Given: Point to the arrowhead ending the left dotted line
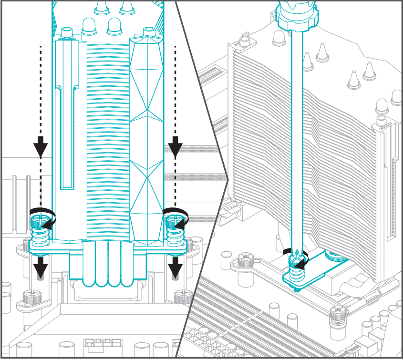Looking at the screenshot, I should coord(41,145).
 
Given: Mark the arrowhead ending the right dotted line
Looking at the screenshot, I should coord(175,145).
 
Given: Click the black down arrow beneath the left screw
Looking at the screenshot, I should coord(41,268).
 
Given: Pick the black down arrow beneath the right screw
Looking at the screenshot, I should coord(175,268).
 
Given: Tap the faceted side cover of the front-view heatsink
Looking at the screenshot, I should coord(146,143).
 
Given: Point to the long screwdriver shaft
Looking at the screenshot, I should coord(296,143).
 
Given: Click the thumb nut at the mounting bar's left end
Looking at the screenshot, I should coord(244,261).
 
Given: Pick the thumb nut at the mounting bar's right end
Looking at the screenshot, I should coord(338,315).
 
